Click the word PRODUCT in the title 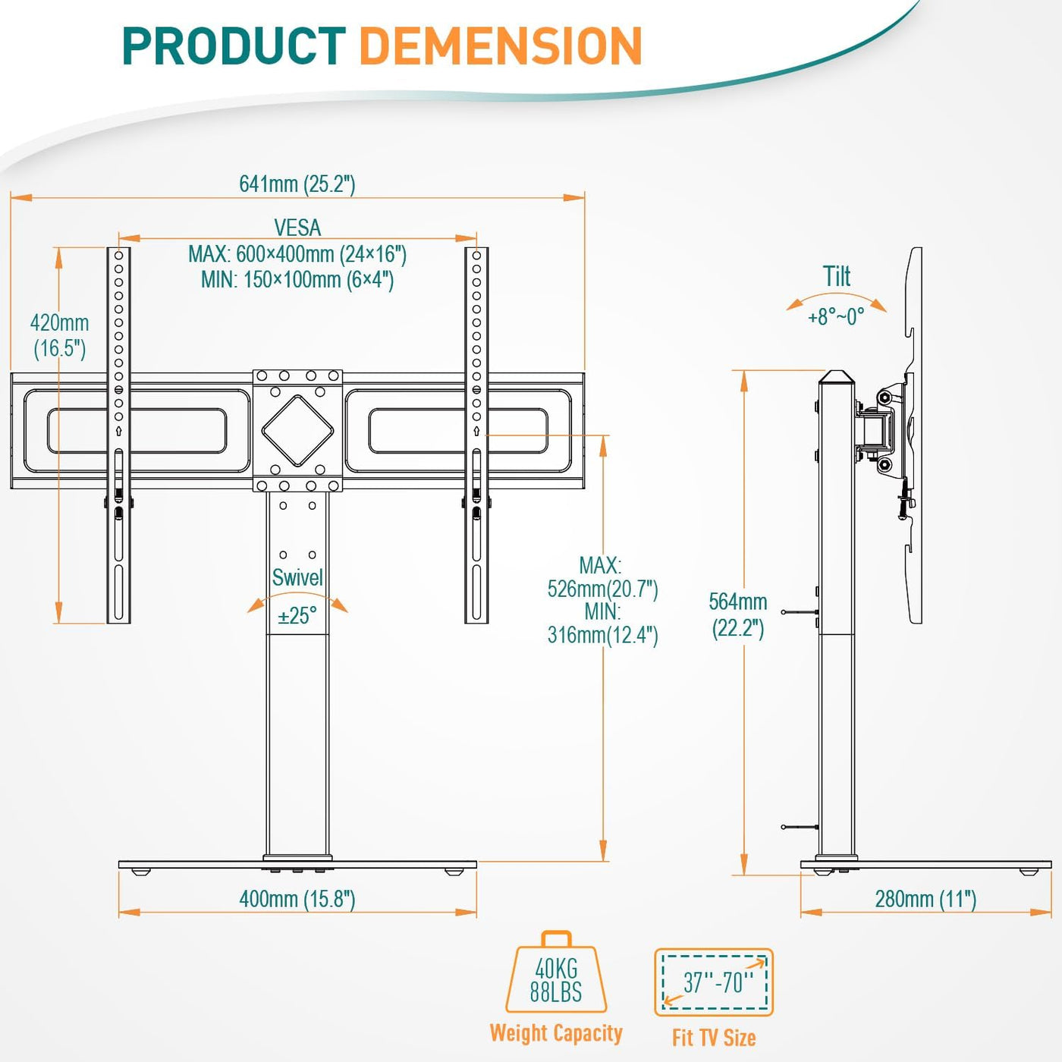(234, 47)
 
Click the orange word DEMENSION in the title (501, 47)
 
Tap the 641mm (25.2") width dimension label (297, 184)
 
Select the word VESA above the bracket (297, 228)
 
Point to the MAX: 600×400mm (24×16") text (297, 254)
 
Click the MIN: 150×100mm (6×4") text (297, 279)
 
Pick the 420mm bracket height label (59, 335)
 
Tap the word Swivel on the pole (297, 577)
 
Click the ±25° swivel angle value (297, 616)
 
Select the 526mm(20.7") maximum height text (603, 589)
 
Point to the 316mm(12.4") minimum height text (603, 636)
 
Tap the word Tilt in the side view (837, 276)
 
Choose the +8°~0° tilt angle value (836, 317)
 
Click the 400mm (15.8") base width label (297, 900)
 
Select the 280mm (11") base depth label (926, 900)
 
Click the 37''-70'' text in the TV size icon (718, 982)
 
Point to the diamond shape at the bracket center (297, 430)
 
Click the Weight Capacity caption (556, 1033)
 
